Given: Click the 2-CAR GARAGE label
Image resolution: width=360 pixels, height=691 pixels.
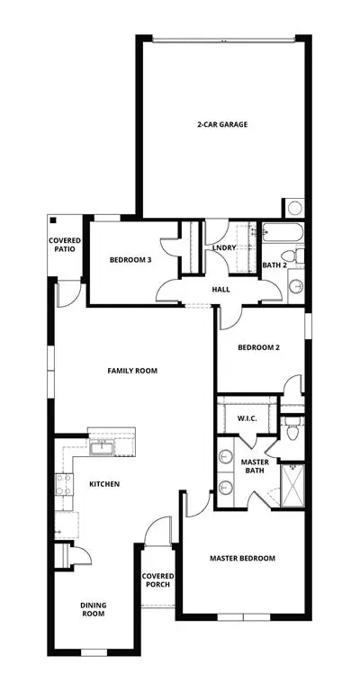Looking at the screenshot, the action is [222, 124].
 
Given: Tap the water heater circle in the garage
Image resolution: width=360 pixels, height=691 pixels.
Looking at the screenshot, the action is [295, 207].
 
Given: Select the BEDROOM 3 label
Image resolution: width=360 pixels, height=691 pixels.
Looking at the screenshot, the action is [130, 260].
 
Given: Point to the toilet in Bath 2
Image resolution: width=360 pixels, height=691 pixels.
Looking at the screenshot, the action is [292, 256].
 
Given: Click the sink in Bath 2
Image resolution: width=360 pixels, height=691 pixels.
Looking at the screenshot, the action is [296, 286].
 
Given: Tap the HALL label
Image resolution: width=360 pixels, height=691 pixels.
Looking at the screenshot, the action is [220, 290].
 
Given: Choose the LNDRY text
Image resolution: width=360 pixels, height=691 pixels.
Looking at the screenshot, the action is [224, 248].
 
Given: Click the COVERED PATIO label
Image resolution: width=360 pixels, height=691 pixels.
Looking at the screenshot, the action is [65, 245].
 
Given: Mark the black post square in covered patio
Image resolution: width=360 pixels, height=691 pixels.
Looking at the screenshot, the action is [53, 220].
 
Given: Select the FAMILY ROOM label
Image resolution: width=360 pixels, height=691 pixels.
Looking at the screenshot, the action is [132, 371].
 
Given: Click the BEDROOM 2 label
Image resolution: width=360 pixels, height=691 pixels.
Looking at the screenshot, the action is [258, 347].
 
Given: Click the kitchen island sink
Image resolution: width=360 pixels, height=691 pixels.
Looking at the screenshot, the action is [103, 447].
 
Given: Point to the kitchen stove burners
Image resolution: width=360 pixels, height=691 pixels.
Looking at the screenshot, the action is [64, 484].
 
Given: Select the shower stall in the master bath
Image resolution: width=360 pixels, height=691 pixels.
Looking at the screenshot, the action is [292, 485].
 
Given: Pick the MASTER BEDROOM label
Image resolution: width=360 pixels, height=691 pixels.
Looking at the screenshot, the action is [242, 559].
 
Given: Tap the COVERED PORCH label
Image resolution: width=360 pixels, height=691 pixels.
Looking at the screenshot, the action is [157, 580].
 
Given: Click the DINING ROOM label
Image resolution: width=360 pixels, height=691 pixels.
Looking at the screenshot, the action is [93, 609].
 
